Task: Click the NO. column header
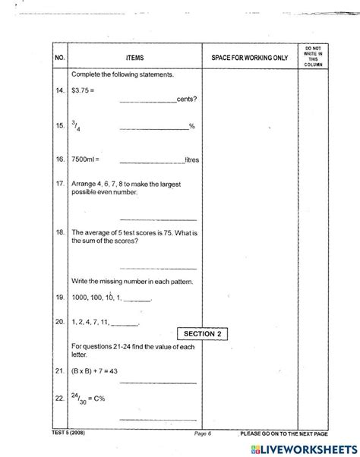60,58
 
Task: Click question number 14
60,90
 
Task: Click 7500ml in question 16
85,160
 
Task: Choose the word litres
192,160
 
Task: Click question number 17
60,184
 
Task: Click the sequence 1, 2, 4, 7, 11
95,323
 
